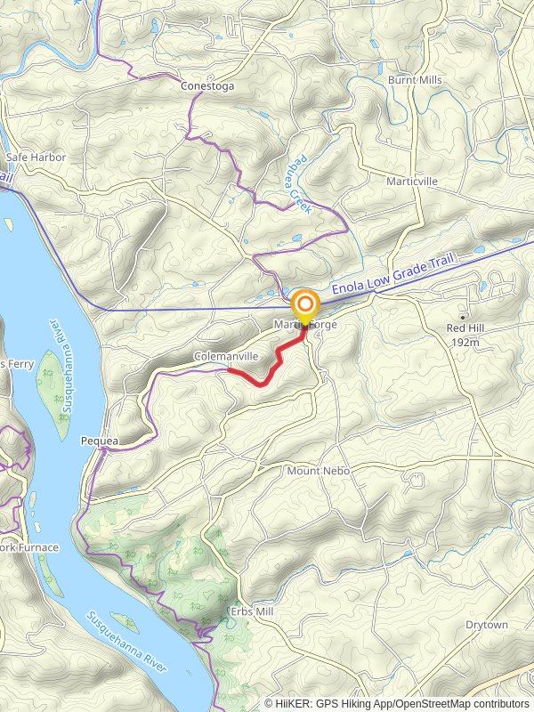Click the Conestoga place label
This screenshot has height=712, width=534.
pyautogui.click(x=206, y=86)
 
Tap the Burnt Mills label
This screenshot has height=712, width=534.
pyautogui.click(x=415, y=80)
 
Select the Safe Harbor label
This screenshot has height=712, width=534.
pyautogui.click(x=36, y=158)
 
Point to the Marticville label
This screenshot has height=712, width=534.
pyautogui.click(x=412, y=181)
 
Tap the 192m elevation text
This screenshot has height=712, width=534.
pyautogui.click(x=464, y=341)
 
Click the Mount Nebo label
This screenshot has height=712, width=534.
pyautogui.click(x=318, y=470)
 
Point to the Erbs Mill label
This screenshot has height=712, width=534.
pyautogui.click(x=252, y=613)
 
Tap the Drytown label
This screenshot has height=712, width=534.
pyautogui.click(x=487, y=625)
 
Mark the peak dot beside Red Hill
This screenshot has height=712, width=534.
pyautogui.click(x=462, y=317)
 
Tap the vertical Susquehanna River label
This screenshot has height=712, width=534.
pyautogui.click(x=63, y=369)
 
